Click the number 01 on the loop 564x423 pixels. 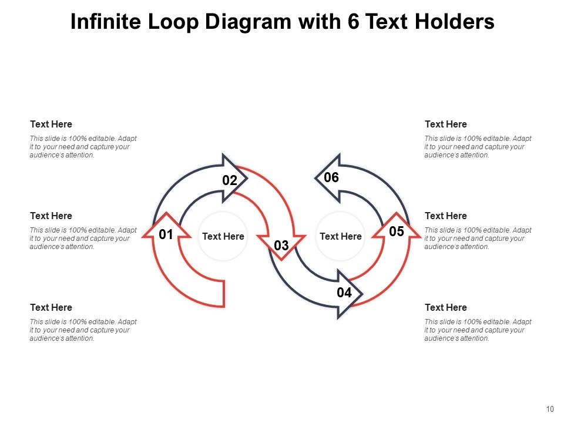click(166, 235)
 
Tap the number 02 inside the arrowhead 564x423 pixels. click(229, 181)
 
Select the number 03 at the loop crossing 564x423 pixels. click(281, 246)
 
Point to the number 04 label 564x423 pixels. click(344, 293)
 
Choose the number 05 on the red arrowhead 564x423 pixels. click(397, 231)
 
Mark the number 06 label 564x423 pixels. click(331, 177)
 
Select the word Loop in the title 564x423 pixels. click(176, 22)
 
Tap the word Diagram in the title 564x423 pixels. click(250, 22)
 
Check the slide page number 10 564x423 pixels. click(550, 409)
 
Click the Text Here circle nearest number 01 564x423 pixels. click(223, 236)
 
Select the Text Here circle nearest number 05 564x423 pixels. click(341, 236)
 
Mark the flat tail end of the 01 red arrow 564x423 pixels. click(224, 293)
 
